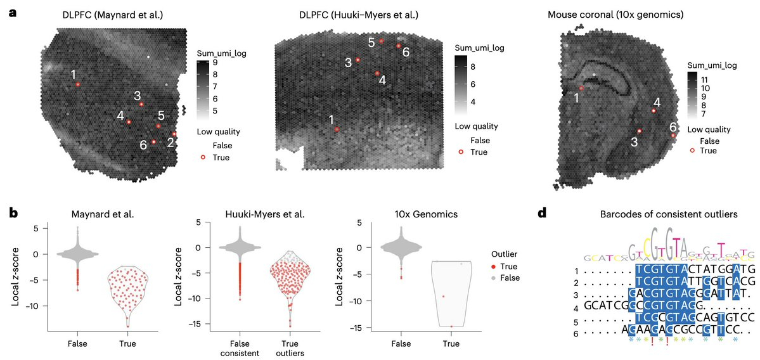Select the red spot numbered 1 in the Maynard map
[77, 84]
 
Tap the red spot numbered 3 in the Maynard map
[141, 104]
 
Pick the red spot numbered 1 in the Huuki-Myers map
[337, 129]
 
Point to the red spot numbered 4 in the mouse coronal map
[654, 110]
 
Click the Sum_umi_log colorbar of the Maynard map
[203, 86]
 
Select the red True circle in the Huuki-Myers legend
[461, 152]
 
